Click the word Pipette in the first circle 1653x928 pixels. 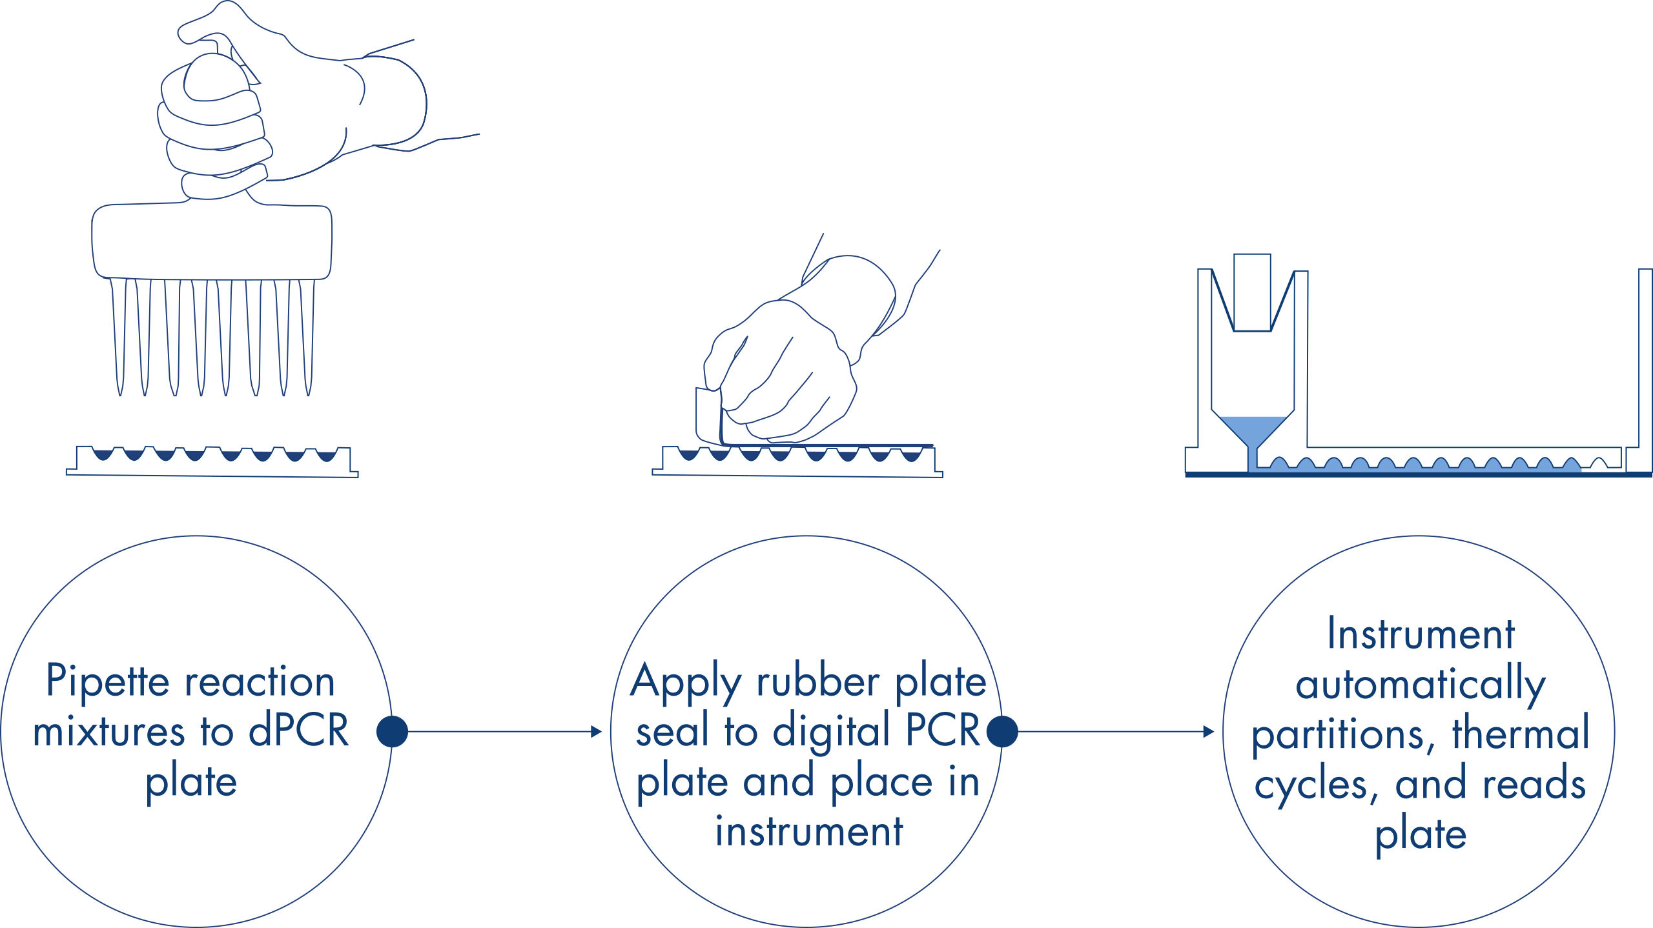pyautogui.click(x=107, y=681)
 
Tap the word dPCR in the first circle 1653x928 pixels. pyautogui.click(x=298, y=731)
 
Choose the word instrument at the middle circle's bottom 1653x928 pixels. pyautogui.click(x=809, y=831)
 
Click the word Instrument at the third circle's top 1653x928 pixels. pyautogui.click(x=1421, y=634)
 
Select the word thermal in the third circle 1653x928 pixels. pyautogui.click(x=1521, y=734)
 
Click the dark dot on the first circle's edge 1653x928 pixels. pyautogui.click(x=392, y=732)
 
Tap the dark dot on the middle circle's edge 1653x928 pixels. pyautogui.click(x=1002, y=732)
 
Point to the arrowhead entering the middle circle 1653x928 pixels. pyautogui.click(x=597, y=732)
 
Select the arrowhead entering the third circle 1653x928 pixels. pyautogui.click(x=1209, y=732)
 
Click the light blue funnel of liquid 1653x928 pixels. pyautogui.click(x=1252, y=429)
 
